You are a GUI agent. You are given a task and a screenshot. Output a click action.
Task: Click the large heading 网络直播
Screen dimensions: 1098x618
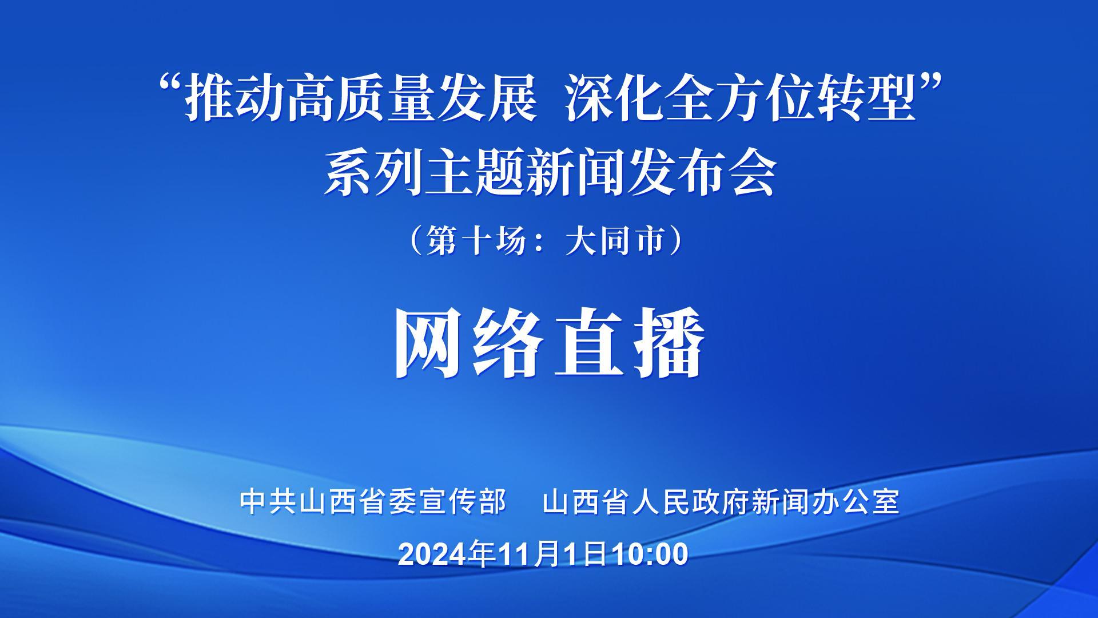(x=549, y=343)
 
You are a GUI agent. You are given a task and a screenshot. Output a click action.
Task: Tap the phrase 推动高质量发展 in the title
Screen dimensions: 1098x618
(x=360, y=101)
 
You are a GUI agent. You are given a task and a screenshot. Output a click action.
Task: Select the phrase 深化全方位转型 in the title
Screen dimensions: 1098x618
(x=741, y=101)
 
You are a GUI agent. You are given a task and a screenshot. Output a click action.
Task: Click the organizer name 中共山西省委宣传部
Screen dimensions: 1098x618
(x=373, y=501)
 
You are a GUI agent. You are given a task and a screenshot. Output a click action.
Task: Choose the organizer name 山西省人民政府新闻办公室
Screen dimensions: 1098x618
(x=722, y=501)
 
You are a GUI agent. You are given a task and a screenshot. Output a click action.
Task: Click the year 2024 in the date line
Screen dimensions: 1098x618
(x=433, y=554)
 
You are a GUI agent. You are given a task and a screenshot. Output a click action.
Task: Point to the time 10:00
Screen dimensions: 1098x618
(x=650, y=554)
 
